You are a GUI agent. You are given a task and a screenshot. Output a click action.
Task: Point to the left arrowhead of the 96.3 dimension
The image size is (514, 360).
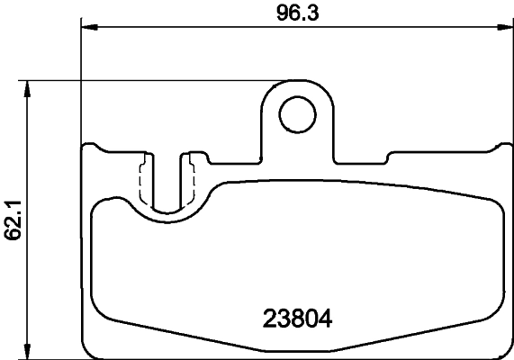[x=88, y=28]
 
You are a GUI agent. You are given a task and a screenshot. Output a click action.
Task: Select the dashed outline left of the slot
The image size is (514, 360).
[x=142, y=181]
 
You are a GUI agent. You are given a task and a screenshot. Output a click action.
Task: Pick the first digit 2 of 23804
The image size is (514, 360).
[x=269, y=318]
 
